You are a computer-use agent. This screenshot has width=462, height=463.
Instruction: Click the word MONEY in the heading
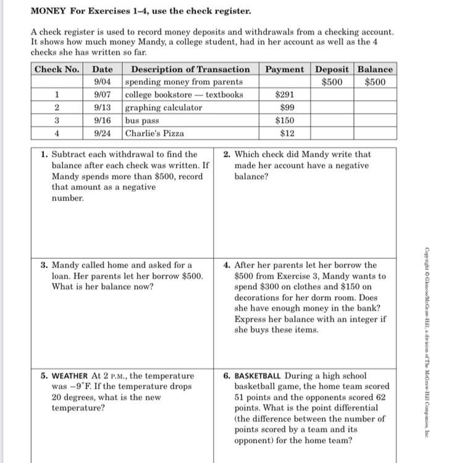(48, 11)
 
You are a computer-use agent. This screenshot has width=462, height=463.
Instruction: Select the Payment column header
(285, 69)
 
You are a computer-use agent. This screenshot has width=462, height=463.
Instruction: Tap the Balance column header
(375, 69)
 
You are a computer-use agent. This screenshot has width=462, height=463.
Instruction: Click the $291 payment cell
(285, 95)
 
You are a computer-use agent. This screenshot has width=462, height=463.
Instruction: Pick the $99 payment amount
(287, 108)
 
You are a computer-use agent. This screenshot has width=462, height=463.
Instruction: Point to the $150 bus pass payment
(285, 121)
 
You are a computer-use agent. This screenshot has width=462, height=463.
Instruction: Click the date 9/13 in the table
(103, 108)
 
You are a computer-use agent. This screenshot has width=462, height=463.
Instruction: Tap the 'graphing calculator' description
(164, 108)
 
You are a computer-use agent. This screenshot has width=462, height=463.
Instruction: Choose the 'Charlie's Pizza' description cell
(154, 133)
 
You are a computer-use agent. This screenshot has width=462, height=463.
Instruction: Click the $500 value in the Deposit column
(332, 82)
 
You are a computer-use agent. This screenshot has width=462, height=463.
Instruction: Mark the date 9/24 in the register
(103, 133)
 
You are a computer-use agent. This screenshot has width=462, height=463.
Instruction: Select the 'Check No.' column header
(57, 69)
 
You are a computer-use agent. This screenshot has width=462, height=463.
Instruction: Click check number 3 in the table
(57, 121)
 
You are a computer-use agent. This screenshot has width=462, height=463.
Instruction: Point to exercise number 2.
(227, 155)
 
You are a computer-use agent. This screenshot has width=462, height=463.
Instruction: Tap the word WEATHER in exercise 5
(70, 375)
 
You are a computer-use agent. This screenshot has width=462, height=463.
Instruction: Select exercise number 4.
(227, 266)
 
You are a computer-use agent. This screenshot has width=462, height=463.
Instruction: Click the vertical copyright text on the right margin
(426, 342)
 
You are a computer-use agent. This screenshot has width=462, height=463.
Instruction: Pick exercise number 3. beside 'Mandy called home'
(44, 266)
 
